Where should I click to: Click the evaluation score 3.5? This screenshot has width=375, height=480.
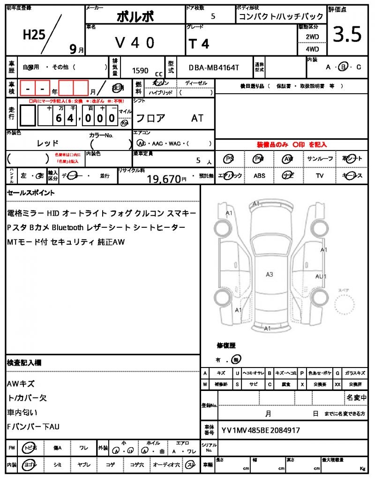[x=347, y=35]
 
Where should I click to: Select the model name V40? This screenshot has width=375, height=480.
[x=135, y=43]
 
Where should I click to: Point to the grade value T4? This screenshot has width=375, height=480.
[x=199, y=44]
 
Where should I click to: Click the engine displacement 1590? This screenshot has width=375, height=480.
[x=140, y=70]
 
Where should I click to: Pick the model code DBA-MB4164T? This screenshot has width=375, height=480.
[x=214, y=67]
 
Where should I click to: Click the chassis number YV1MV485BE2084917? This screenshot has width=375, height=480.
[x=261, y=430]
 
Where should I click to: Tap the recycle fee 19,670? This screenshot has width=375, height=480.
[x=164, y=179]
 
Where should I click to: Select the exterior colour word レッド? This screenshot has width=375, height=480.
[x=48, y=143]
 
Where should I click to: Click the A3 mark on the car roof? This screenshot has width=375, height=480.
[x=270, y=274]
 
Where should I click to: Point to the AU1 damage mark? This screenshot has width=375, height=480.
[x=321, y=277]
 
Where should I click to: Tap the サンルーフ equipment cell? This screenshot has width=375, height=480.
[x=320, y=159]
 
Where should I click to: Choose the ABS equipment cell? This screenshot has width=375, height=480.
[x=260, y=176]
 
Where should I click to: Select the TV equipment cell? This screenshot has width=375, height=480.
[x=320, y=176]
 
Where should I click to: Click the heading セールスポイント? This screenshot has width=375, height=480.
[x=31, y=193]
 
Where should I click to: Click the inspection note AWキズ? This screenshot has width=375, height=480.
[x=21, y=383]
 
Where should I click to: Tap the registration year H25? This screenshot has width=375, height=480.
[x=34, y=34]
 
